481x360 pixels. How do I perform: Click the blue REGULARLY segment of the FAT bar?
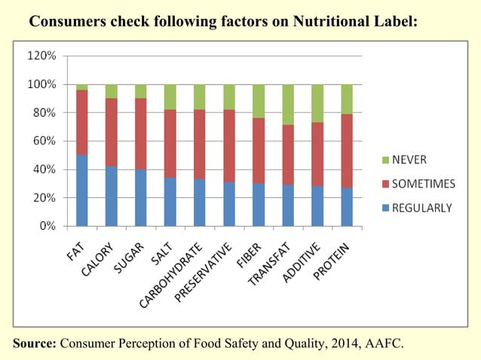point(81,190)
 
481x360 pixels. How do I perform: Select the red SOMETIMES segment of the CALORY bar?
point(111,132)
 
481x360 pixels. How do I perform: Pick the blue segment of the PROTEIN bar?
point(346,207)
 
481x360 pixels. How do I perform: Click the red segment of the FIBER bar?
point(258,151)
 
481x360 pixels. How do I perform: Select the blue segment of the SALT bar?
point(170,201)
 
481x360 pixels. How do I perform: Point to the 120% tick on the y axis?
point(41,56)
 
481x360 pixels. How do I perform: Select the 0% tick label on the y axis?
point(47,226)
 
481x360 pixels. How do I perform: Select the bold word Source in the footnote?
point(35,344)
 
